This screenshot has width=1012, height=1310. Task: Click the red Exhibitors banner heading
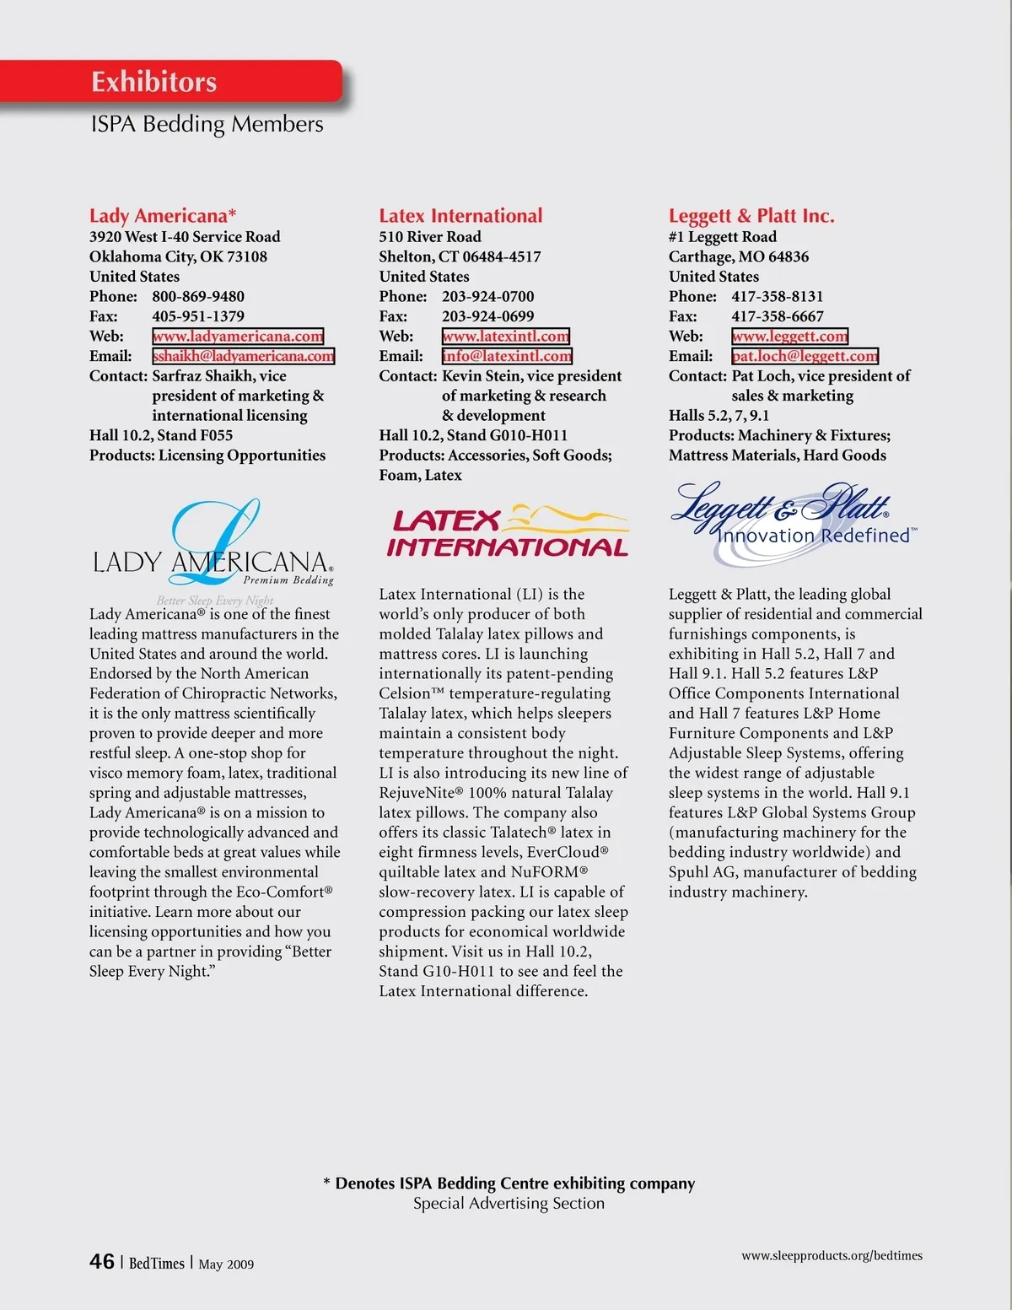154,82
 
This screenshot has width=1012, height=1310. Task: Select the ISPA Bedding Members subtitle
207,124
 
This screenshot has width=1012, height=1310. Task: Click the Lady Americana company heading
162,216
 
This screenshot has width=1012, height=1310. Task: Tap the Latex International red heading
460,216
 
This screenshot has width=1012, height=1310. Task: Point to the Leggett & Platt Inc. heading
751,216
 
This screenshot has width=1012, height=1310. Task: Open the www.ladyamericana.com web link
238,337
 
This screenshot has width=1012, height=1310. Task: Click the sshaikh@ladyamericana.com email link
243,356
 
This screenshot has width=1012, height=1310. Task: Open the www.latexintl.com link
506,337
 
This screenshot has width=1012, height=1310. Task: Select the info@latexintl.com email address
507,356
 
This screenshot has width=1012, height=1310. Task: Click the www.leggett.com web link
789,337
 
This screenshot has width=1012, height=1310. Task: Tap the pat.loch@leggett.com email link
805,356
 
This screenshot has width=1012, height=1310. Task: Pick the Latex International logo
508,532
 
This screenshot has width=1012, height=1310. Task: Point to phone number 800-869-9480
198,297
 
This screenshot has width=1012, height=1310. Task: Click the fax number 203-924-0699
487,316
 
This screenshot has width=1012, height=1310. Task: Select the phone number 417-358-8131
777,297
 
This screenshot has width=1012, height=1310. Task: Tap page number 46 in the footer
102,1262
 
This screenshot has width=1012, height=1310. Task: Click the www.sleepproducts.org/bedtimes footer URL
832,1256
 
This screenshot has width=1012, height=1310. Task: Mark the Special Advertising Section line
509,1204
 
